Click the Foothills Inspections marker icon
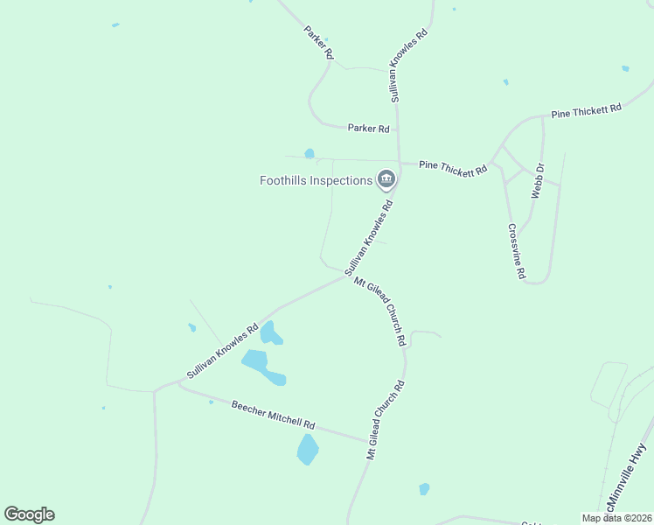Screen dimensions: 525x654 [x=386, y=180]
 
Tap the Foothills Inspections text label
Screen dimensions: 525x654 [x=317, y=181]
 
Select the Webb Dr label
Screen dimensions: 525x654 [x=539, y=180]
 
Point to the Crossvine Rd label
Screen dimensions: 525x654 [x=517, y=251]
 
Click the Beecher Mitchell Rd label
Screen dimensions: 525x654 [x=273, y=415]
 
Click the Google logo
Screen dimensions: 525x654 [x=29, y=514]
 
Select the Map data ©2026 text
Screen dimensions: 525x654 [x=616, y=518]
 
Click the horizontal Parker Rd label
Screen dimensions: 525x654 [x=368, y=128]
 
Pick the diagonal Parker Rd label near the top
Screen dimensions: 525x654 [x=319, y=42]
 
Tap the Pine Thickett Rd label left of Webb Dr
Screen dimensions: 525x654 [x=453, y=167]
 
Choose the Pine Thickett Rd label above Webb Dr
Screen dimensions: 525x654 [x=586, y=111]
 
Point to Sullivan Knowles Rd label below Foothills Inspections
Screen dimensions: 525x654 [x=370, y=238]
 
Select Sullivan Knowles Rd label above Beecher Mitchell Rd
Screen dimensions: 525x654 [x=222, y=352]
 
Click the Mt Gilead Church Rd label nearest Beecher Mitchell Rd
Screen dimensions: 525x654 [x=386, y=420]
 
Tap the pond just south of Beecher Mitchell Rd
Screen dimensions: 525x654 [x=308, y=450]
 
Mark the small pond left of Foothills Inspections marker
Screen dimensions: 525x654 [x=310, y=154]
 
